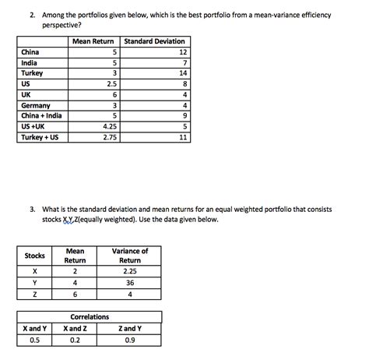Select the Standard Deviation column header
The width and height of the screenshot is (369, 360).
153,41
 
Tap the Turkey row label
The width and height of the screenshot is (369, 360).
33,72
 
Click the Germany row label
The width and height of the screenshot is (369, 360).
37,105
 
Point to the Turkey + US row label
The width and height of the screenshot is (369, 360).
40,137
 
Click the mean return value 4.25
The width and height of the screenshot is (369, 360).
109,126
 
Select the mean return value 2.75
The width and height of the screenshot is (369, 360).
109,137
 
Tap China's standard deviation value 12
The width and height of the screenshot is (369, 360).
183,51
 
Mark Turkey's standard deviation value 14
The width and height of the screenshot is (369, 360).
183,72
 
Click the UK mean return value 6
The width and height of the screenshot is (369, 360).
114,94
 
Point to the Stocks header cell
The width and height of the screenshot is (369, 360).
34,256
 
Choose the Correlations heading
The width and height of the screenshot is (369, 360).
90,317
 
